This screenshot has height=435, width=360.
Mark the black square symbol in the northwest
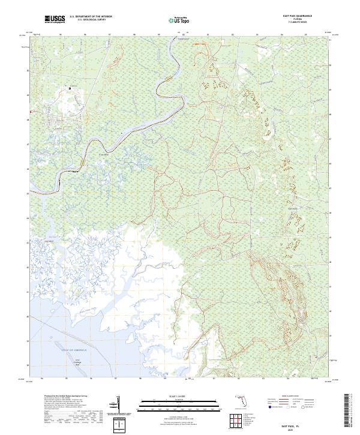click(70, 88)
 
